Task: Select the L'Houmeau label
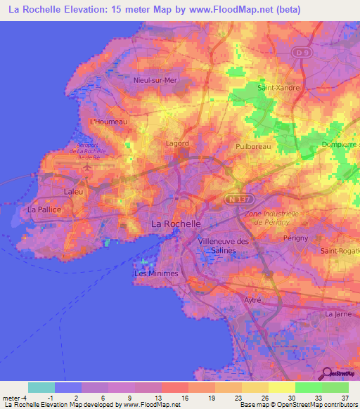coord(104,121)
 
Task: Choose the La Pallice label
coord(44,209)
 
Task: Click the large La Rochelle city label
coord(176,223)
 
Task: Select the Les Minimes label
coord(156,273)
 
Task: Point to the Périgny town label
coord(295,238)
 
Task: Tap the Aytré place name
coord(252,300)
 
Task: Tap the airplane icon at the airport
coord(87,168)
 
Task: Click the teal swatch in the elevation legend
coord(41,387)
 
